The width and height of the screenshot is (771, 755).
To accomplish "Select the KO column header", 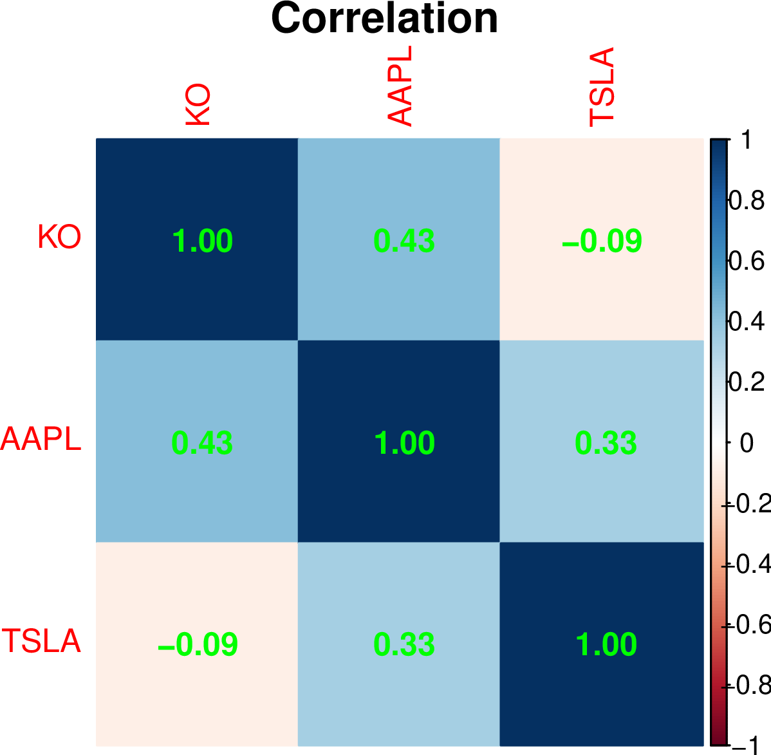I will (198, 105).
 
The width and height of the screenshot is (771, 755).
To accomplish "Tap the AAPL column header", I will (399, 86).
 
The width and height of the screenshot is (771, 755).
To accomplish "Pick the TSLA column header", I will (602, 87).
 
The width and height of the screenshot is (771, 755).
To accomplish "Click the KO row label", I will (59, 237).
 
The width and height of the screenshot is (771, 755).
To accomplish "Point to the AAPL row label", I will (41, 439).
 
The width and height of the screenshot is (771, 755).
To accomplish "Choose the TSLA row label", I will (42, 641).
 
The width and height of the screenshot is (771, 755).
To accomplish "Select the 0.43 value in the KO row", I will (404, 241).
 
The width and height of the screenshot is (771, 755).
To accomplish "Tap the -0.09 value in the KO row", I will (602, 241).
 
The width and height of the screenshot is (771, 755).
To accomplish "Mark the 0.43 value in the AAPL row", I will (202, 443).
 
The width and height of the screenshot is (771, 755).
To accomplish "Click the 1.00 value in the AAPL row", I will (404, 443).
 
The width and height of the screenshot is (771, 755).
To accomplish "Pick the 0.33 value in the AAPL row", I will (606, 443).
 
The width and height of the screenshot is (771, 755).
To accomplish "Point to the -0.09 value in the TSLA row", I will (198, 644).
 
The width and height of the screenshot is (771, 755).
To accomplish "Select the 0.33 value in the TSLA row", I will (404, 644).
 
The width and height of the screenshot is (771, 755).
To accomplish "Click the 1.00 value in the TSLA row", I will (606, 644).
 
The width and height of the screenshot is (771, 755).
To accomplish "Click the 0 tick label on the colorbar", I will (747, 443).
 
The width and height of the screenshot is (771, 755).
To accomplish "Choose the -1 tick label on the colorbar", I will (747, 745).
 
